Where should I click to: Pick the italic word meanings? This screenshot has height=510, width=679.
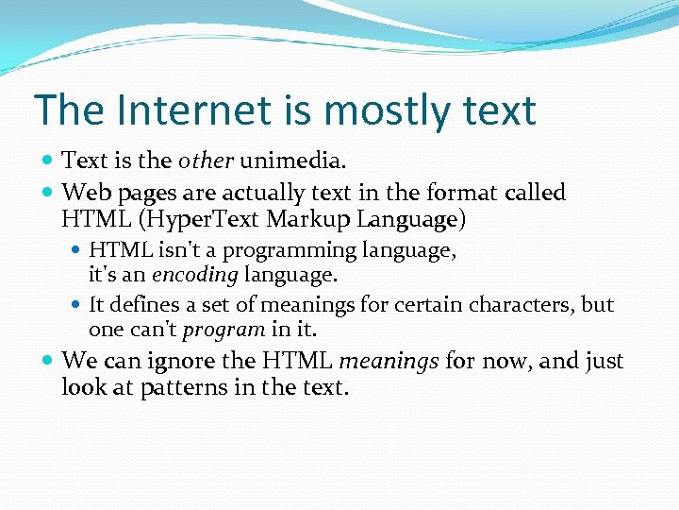389,362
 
